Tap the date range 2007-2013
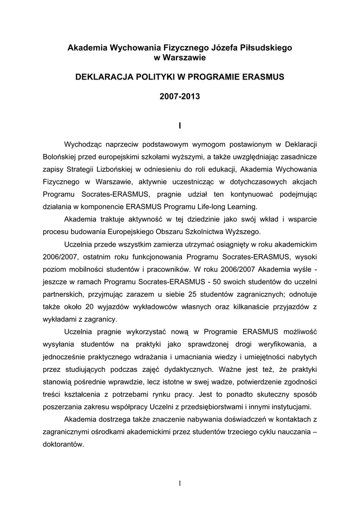pyautogui.click(x=180, y=97)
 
